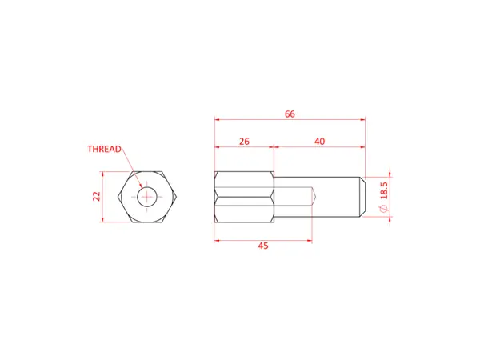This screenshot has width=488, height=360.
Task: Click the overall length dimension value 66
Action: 290,114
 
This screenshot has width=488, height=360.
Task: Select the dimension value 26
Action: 244,141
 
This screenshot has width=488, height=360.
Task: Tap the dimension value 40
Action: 319,141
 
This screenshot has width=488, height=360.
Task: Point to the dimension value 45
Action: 263,246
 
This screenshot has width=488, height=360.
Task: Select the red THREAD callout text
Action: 104,149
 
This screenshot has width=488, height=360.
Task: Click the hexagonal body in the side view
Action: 244,197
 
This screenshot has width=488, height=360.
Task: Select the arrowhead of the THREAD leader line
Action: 141,189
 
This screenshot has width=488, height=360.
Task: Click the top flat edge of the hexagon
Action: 146,171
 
